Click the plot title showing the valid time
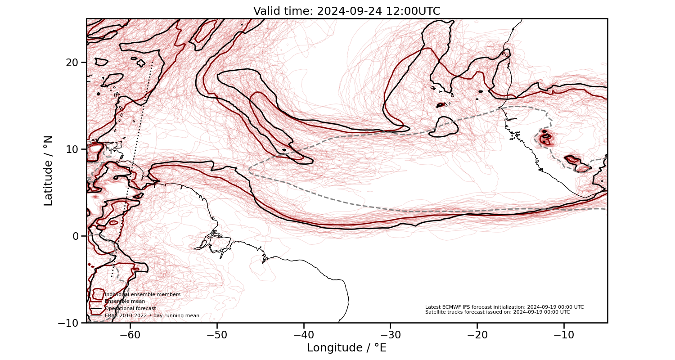[x=346, y=11]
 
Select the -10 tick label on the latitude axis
[x=69, y=323]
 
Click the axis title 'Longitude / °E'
[x=346, y=348]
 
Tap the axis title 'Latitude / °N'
[x=48, y=171]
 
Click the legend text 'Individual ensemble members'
[x=142, y=294]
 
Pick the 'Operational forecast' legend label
[x=130, y=309]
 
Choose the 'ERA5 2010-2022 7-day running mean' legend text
[x=152, y=316]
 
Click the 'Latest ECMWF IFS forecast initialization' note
[x=504, y=307]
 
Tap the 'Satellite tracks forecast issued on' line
[x=497, y=312]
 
